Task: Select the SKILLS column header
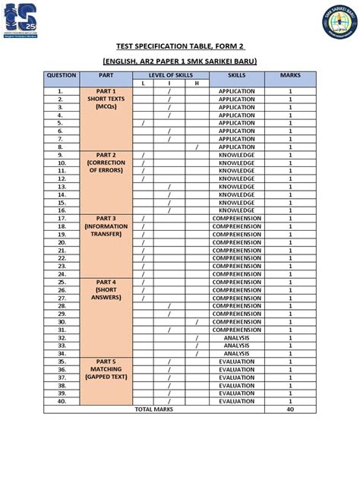pyautogui.click(x=236, y=76)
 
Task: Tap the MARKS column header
pyautogui.click(x=289, y=76)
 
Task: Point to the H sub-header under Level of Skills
pyautogui.click(x=196, y=84)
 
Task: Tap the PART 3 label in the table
pyautogui.click(x=106, y=218)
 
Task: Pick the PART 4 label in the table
pyautogui.click(x=106, y=281)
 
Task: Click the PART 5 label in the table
pyautogui.click(x=106, y=361)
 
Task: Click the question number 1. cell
pyautogui.click(x=59, y=91)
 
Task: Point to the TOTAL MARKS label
pyautogui.click(x=153, y=409)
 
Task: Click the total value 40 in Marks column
pyautogui.click(x=289, y=409)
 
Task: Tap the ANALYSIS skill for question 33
pyautogui.click(x=236, y=345)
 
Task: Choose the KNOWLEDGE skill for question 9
pyautogui.click(x=236, y=154)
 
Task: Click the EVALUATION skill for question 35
pyautogui.click(x=236, y=361)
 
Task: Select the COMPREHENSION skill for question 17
pyautogui.click(x=236, y=218)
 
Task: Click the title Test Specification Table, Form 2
pyautogui.click(x=180, y=46)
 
